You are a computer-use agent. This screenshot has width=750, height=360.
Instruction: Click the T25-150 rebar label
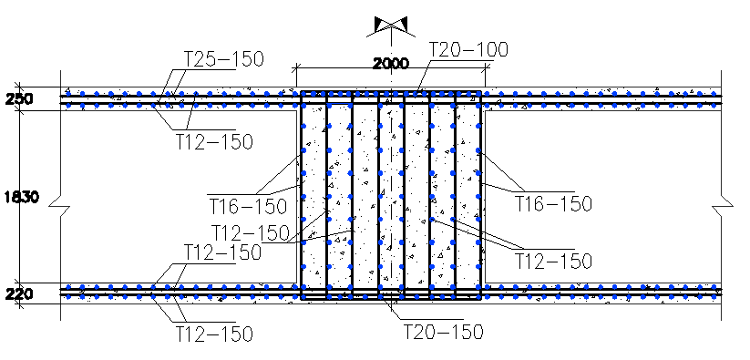tap(223, 60)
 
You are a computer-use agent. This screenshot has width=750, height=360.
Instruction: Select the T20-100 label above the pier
tap(467, 48)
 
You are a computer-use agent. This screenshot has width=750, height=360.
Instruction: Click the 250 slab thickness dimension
tap(18, 98)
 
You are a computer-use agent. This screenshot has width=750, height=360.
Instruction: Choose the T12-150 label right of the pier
tap(553, 261)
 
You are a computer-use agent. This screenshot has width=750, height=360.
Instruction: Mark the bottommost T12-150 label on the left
tap(213, 334)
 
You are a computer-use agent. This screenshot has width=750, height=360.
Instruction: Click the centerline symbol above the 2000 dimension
tap(392, 26)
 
